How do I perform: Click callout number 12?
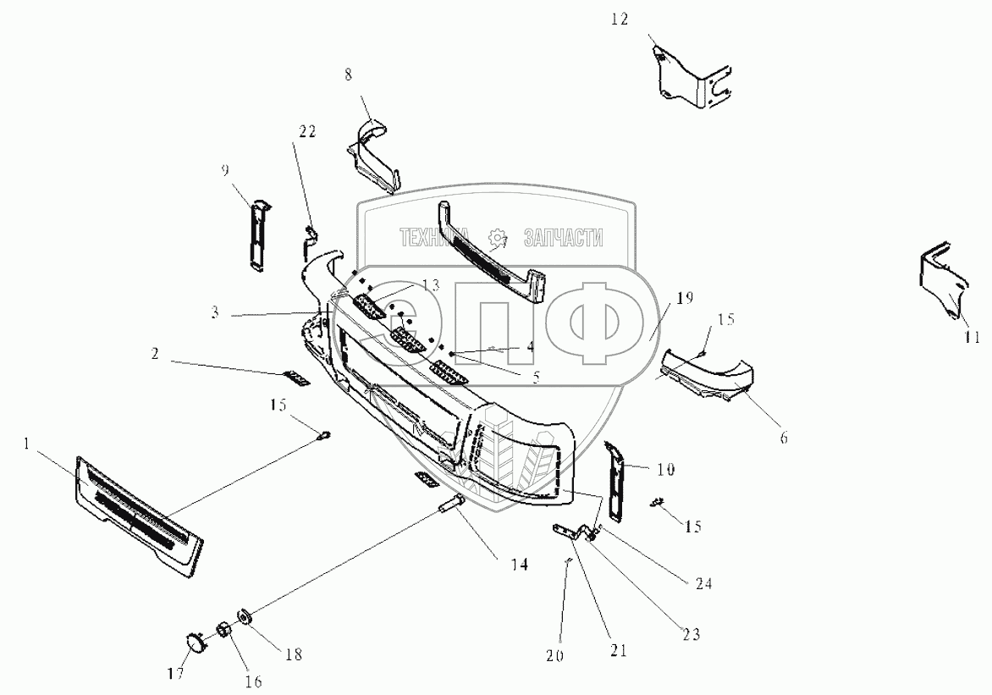[x=620, y=18]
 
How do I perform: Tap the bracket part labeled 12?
[x=689, y=80]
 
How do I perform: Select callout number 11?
[x=971, y=336]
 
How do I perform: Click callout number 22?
[x=306, y=131]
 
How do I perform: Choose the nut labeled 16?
[x=225, y=631]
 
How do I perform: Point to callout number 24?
[x=704, y=584]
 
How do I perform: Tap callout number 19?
[x=685, y=298]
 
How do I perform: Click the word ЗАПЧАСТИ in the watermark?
[x=563, y=239]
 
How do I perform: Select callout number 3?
[x=216, y=312]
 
